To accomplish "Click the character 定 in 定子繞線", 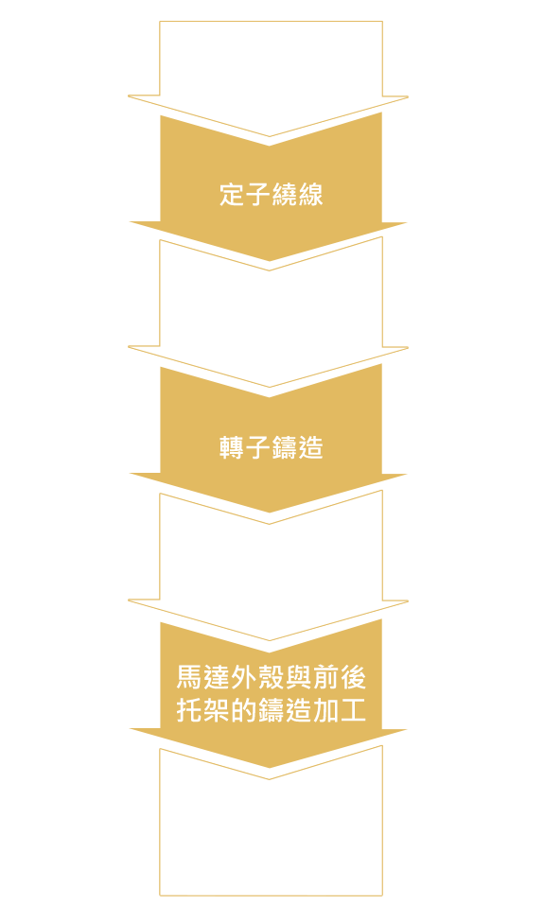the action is click(x=232, y=195).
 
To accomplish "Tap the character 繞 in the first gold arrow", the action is click(x=285, y=195).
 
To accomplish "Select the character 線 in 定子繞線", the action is click(x=311, y=195).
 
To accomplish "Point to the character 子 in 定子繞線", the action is click(x=258, y=195).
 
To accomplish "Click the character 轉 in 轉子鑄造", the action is click(x=232, y=447).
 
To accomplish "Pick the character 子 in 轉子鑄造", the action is click(x=258, y=447).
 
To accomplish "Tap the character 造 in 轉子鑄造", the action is click(x=311, y=447).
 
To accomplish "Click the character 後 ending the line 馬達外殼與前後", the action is click(x=353, y=677).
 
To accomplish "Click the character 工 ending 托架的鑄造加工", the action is click(x=353, y=710).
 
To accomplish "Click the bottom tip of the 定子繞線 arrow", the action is click(x=270, y=260).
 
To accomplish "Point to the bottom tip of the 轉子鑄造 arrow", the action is click(x=270, y=513).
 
